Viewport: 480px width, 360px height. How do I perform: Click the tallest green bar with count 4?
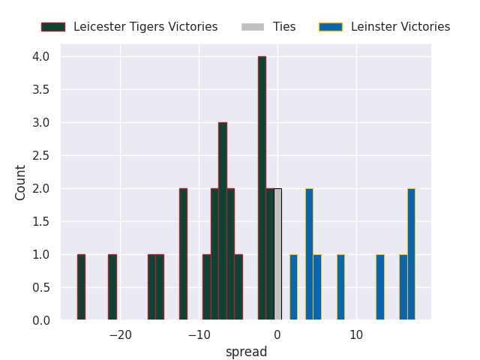(262, 187)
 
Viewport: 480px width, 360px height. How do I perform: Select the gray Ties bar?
(277, 255)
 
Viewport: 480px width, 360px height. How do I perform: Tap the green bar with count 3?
(223, 221)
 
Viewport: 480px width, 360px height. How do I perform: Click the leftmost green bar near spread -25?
(81, 287)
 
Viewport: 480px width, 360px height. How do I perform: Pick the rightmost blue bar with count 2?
(411, 255)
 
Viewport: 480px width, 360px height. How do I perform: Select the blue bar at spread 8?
(340, 287)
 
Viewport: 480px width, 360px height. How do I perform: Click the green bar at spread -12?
(183, 255)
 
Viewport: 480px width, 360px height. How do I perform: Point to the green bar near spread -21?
(112, 287)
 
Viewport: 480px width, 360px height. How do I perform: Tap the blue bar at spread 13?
(380, 287)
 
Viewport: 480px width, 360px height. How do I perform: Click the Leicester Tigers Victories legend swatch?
(52, 27)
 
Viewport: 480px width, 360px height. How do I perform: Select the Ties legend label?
(284, 27)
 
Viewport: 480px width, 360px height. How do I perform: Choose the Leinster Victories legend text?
(400, 27)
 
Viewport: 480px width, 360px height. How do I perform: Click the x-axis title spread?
(246, 352)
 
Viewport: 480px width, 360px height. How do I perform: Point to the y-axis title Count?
(21, 182)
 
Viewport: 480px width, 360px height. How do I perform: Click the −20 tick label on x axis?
(120, 334)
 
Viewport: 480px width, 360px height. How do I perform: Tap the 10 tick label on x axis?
(356, 334)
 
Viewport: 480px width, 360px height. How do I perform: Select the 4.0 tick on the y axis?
(41, 57)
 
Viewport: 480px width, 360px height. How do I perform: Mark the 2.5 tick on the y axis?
(41, 156)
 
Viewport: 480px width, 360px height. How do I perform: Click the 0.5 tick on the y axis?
(41, 288)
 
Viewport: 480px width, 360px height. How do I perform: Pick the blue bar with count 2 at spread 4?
(309, 255)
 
